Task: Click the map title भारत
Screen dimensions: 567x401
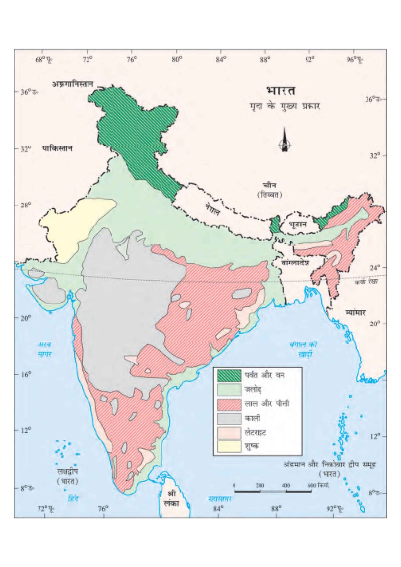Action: (281, 91)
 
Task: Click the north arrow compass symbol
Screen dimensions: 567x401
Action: (284, 140)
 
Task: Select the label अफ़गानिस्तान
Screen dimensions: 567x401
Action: (72, 84)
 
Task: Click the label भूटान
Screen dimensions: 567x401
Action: (297, 224)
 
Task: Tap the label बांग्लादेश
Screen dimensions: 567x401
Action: (295, 263)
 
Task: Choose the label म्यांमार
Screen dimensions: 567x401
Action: (355, 312)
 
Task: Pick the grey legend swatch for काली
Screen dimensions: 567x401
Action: (229, 419)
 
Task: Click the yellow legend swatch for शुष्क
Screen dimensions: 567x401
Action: (229, 447)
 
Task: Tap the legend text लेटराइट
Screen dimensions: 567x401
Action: (255, 433)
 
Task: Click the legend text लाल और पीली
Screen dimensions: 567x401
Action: (267, 404)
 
